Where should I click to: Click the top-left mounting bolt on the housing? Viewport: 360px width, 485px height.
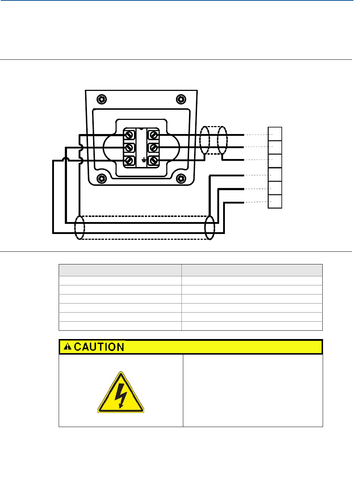[x=102, y=100]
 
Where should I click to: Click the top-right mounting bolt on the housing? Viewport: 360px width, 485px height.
[x=181, y=100]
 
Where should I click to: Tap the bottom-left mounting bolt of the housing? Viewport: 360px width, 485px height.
[x=102, y=179]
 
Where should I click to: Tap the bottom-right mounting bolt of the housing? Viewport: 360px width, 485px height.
[x=181, y=179]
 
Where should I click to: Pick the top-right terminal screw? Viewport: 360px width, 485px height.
[x=154, y=135]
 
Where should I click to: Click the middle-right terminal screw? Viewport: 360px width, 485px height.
[x=154, y=148]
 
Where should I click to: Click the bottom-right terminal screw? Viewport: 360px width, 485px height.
[x=154, y=160]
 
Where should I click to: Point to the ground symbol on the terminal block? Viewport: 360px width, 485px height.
[x=144, y=160]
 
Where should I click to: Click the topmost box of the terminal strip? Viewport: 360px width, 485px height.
[x=275, y=134]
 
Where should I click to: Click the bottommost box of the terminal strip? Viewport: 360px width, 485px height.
[x=275, y=201]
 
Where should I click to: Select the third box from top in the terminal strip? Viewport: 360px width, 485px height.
[x=275, y=161]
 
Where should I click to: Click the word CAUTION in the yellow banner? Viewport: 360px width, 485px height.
[x=99, y=347]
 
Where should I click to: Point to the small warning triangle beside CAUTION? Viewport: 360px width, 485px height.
[x=67, y=347]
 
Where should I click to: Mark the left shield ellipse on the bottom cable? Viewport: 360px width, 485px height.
[x=80, y=227]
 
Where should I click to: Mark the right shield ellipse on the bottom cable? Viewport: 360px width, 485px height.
[x=210, y=227]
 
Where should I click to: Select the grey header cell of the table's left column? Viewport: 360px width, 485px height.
[x=120, y=270]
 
